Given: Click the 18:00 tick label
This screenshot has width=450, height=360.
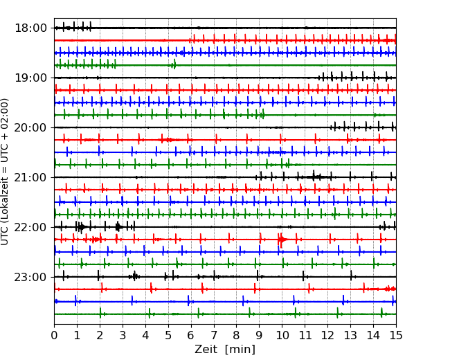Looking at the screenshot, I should [x=30, y=28].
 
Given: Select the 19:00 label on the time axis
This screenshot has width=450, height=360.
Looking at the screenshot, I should [x=30, y=78].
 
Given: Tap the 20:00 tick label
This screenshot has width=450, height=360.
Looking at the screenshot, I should [x=30, y=128].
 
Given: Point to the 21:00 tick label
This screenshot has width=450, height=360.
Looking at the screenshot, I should [x=30, y=178].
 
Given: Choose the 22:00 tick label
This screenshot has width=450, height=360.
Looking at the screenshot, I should [x=30, y=228].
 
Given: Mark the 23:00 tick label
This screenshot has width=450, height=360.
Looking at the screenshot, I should [x=30, y=278].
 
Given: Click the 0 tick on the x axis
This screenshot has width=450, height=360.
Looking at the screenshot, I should [x=55, y=336].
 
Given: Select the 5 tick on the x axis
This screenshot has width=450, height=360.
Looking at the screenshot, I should [x=168, y=336].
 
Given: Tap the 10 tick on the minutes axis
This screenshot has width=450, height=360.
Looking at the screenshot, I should [x=282, y=336].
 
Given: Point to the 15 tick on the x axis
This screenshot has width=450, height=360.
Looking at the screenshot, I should [x=395, y=336].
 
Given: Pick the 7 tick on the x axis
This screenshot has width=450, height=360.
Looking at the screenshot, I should [x=214, y=336].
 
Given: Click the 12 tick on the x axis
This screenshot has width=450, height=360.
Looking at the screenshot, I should [x=327, y=336].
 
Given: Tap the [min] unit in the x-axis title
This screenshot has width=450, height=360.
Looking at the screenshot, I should [x=240, y=350].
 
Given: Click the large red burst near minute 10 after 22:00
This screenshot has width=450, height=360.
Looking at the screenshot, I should [x=281, y=240].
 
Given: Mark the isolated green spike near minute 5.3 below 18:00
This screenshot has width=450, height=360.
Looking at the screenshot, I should [x=174, y=64].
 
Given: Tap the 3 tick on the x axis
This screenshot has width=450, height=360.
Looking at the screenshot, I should [x=123, y=336].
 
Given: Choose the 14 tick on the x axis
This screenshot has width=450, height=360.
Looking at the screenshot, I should [x=373, y=336].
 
